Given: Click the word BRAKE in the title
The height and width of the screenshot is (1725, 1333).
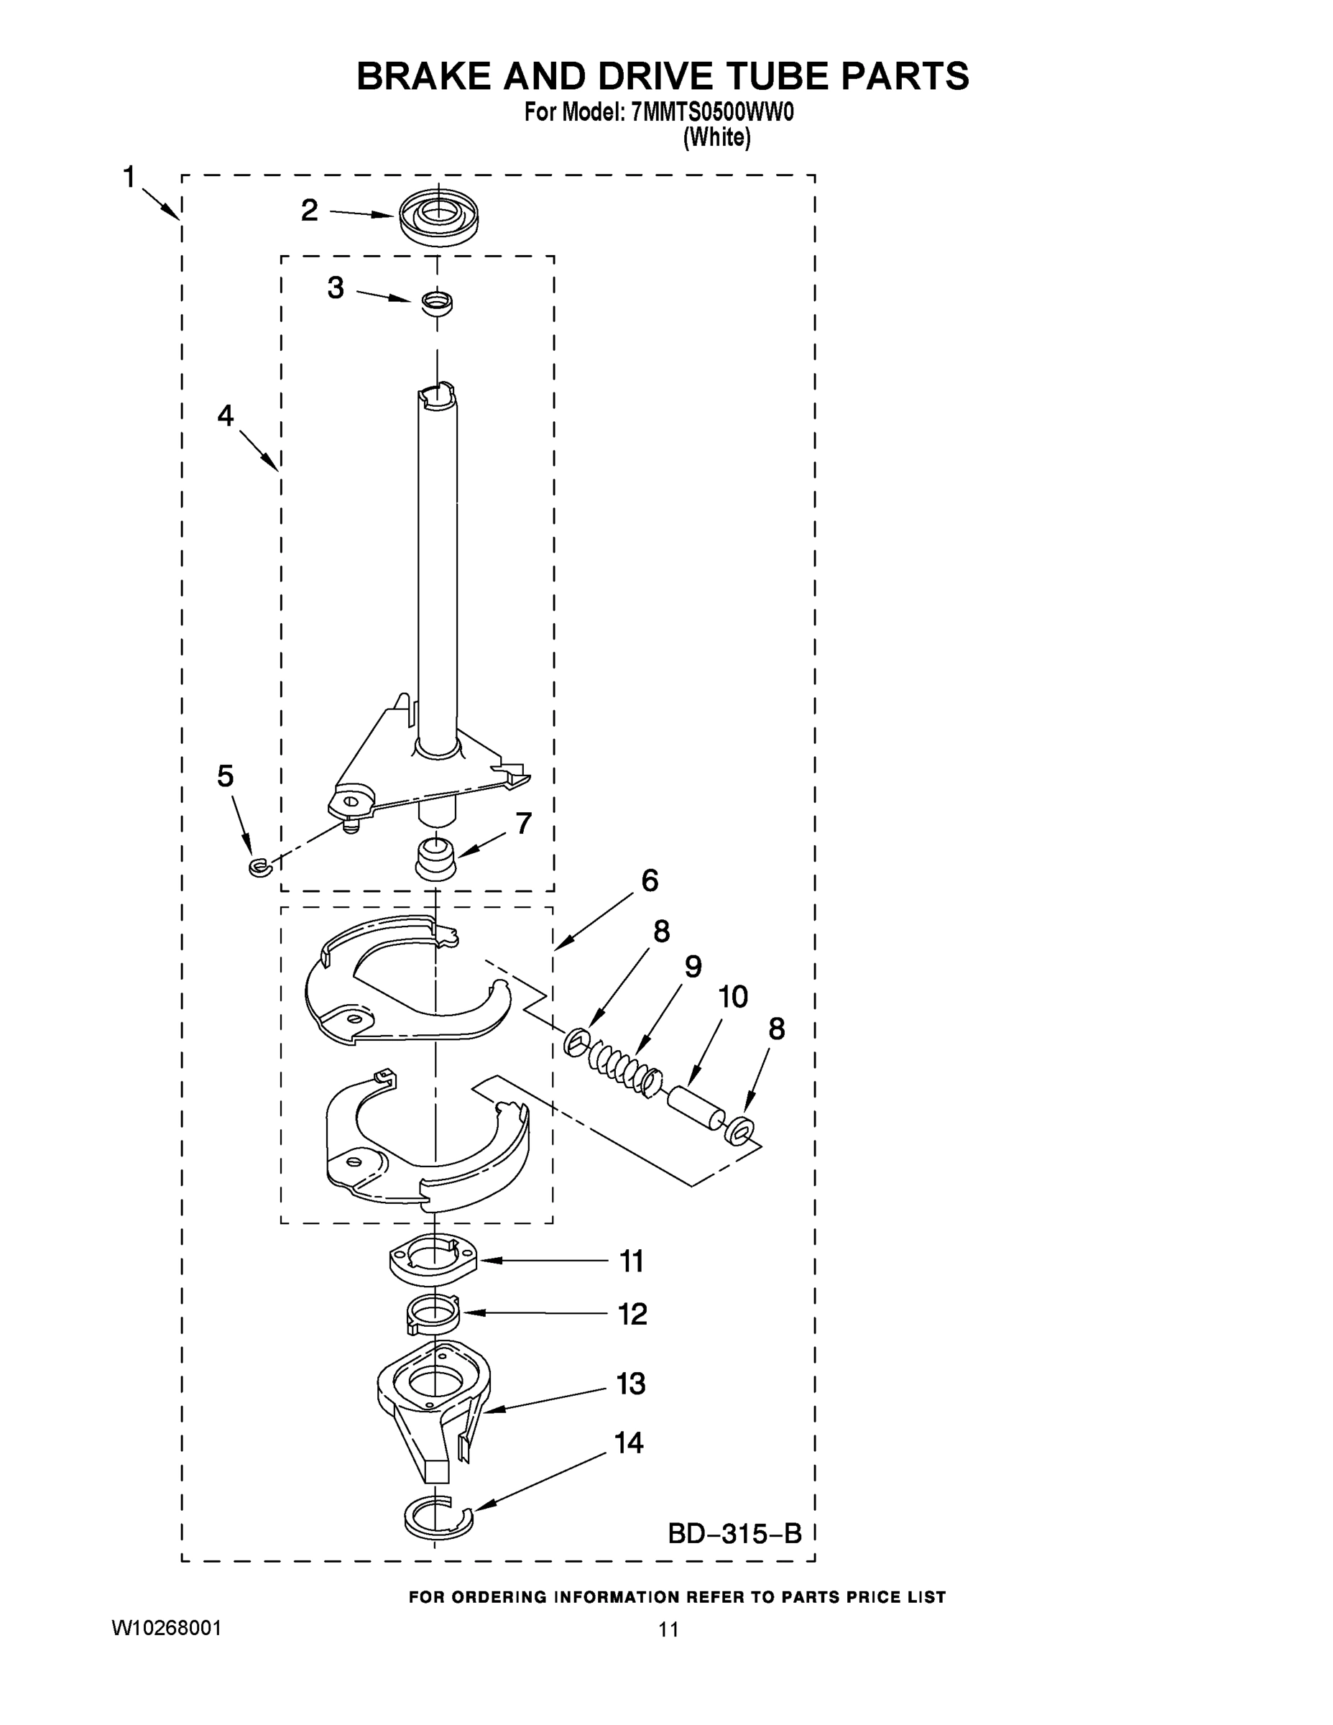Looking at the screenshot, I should [x=423, y=77].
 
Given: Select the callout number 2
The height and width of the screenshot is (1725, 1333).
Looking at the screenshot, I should [x=310, y=210].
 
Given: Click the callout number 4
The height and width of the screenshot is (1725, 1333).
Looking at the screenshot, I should [x=225, y=415].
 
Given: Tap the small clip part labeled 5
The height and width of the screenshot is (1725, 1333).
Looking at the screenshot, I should [x=259, y=868].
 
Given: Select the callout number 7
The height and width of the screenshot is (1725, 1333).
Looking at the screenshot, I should [x=524, y=823].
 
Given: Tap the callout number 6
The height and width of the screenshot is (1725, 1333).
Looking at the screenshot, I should [x=649, y=880].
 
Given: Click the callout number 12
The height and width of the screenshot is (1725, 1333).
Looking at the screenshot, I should [x=632, y=1313].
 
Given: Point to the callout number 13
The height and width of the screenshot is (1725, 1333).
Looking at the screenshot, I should [x=631, y=1383].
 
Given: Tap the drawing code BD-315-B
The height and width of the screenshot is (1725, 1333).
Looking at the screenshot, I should [x=734, y=1534].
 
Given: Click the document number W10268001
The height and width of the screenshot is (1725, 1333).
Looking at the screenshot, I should [x=167, y=1628].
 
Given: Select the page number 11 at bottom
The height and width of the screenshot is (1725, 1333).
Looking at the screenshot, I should [x=668, y=1629].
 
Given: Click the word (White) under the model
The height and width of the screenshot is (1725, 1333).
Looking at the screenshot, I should [x=716, y=137].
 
